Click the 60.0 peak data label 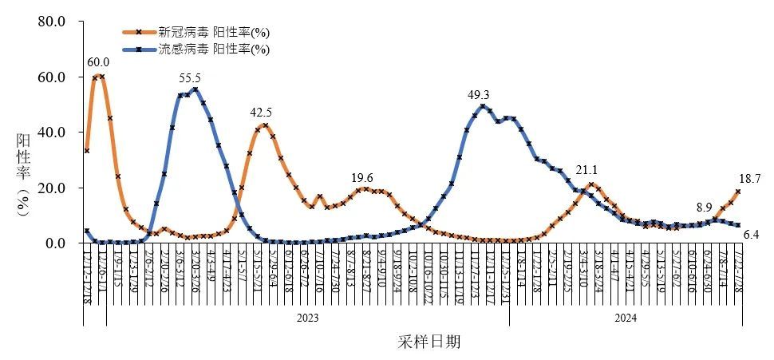point(98,62)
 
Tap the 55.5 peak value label point(190,77)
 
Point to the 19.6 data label point(363,177)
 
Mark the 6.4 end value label point(749,234)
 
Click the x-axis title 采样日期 point(428,342)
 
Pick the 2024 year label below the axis point(625,318)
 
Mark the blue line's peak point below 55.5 point(195,89)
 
